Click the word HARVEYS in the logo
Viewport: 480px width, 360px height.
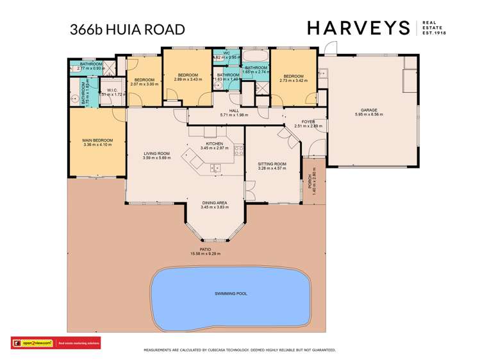(358, 28)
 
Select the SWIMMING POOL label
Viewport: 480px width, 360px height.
(231, 293)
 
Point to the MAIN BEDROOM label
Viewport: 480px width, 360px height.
(97, 140)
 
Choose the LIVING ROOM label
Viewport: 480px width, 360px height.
(156, 153)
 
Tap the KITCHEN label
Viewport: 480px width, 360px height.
(213, 143)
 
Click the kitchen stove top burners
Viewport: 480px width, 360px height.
(238, 152)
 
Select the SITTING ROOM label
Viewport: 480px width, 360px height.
(272, 164)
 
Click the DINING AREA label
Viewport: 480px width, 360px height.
(213, 202)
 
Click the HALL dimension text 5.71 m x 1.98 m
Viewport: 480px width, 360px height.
(233, 115)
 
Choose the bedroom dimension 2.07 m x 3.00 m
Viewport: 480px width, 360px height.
(144, 84)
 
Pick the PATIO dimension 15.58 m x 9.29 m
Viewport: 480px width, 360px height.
(205, 254)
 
